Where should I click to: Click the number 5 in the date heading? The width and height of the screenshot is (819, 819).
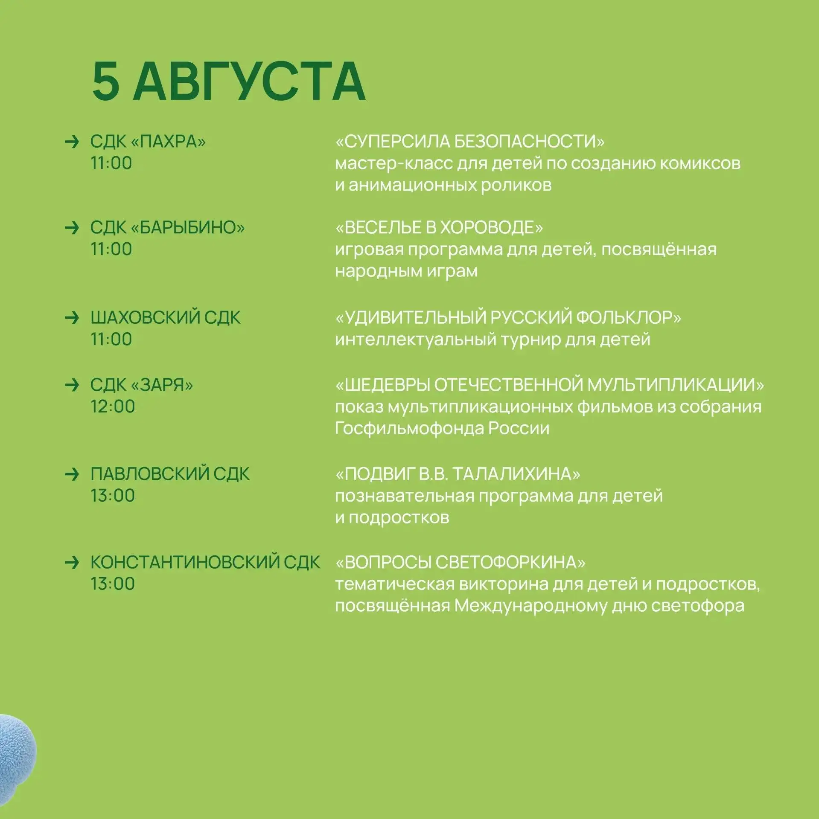(x=106, y=81)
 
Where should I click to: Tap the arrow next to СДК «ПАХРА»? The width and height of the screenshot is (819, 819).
(x=72, y=141)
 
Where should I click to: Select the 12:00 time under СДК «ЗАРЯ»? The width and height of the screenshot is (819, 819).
(x=113, y=406)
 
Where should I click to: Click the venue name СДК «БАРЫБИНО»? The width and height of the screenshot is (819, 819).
(x=167, y=227)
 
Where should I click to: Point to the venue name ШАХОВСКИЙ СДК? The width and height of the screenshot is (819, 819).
(x=165, y=317)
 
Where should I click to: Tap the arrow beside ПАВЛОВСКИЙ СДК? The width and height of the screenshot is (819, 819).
(x=72, y=473)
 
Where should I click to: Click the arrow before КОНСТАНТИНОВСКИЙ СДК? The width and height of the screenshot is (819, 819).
(x=72, y=562)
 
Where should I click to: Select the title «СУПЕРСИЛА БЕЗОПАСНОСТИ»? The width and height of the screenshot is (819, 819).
(x=470, y=141)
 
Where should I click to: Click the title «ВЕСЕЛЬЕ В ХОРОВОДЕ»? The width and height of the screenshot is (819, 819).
(x=439, y=227)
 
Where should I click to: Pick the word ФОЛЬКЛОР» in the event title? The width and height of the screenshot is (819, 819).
(x=628, y=317)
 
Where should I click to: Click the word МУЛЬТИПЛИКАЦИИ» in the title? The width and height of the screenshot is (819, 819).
(x=675, y=385)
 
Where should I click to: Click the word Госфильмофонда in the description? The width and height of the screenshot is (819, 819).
(x=409, y=428)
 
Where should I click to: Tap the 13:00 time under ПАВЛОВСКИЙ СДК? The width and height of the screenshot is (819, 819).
(x=113, y=495)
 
